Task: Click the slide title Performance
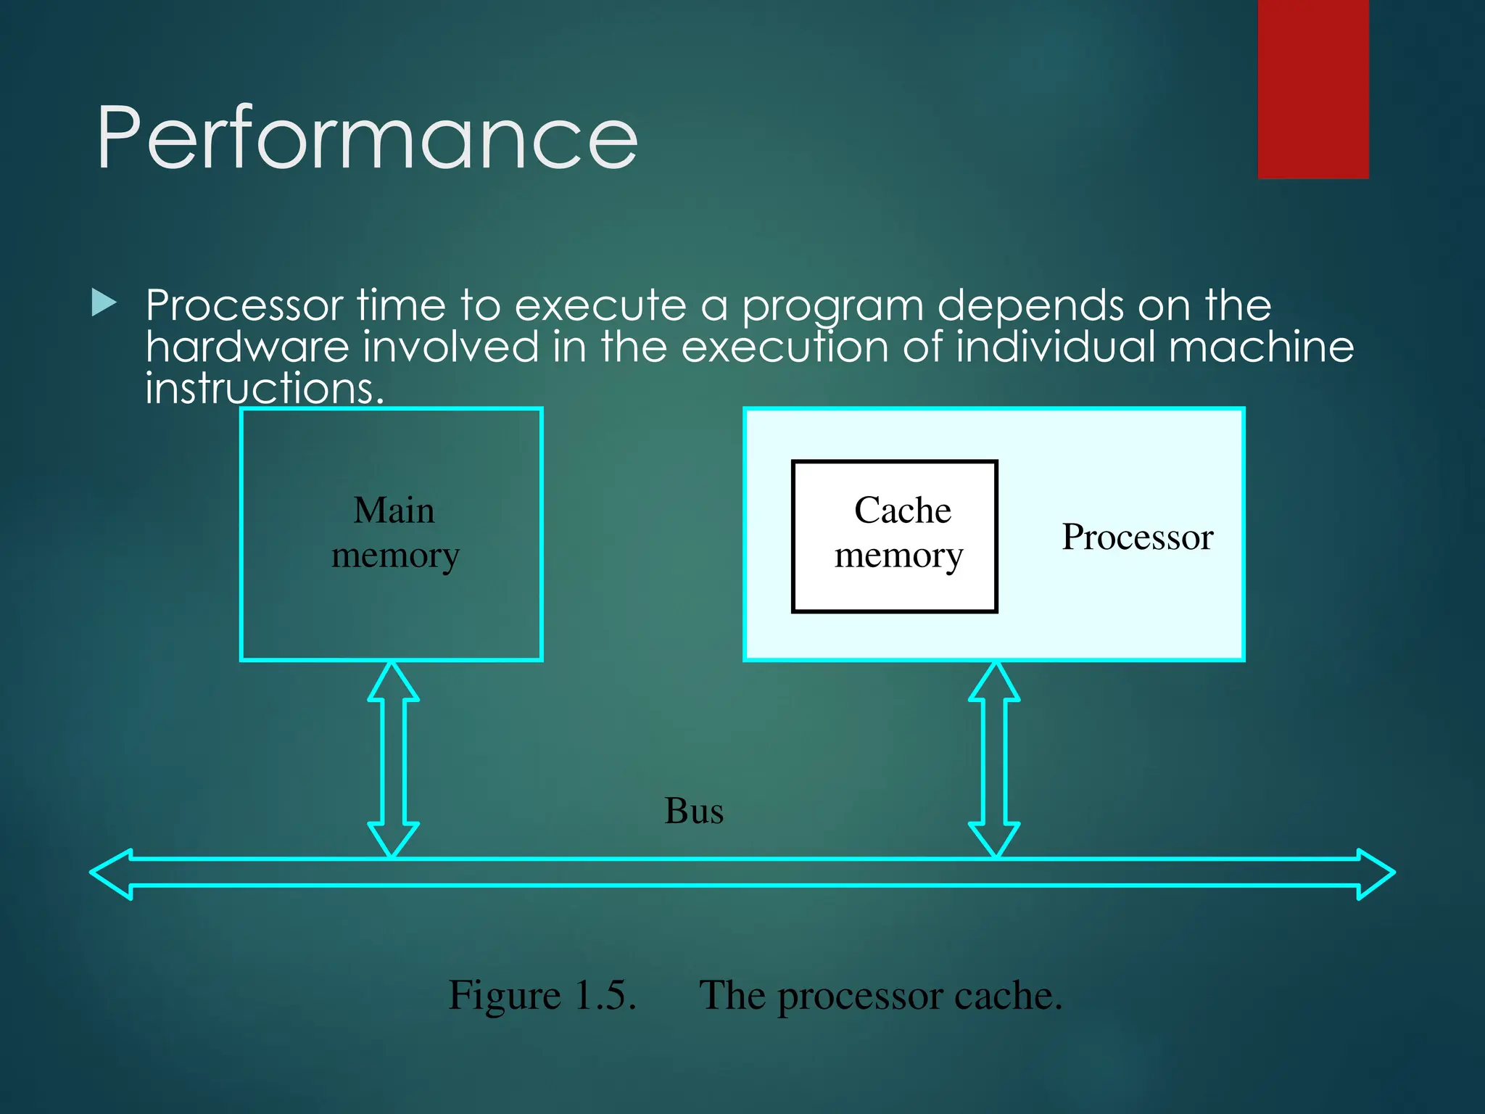367,138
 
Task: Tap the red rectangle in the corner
1312,88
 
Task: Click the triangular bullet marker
104,303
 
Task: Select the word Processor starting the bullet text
244,305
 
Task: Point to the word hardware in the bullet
247,347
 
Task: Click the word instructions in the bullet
263,389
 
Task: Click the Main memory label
394,532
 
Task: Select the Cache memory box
894,536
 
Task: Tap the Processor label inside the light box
1137,537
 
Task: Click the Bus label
694,810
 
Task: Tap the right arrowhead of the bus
1375,873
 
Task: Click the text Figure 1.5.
542,994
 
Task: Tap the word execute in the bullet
600,305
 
